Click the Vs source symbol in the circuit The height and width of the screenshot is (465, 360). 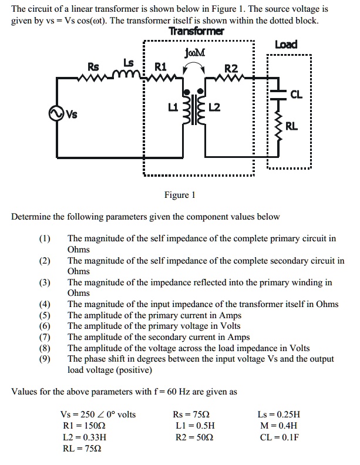point(59,114)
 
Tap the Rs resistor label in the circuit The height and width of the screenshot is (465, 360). point(93,67)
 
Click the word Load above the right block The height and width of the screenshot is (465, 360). point(286,45)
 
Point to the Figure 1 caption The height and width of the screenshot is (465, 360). point(180,195)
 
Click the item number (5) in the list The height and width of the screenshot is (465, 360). point(45,315)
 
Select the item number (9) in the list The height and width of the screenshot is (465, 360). point(45,359)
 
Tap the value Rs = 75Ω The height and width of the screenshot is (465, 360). point(194,415)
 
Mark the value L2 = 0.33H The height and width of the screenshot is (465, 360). point(84,438)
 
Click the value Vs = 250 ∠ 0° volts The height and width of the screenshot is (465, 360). point(98,415)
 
